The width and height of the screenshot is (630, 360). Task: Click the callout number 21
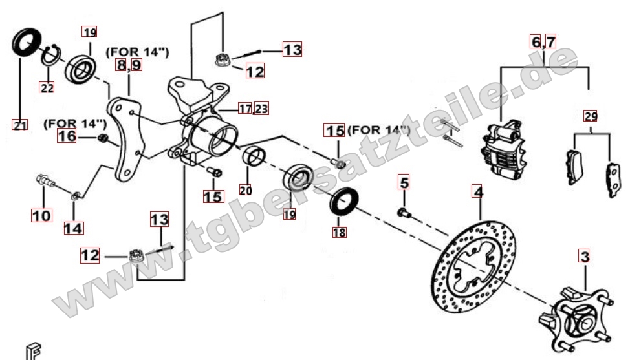pyautogui.click(x=19, y=125)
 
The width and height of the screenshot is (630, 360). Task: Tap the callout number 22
pyautogui.click(x=47, y=87)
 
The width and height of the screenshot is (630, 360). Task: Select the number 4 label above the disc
pyautogui.click(x=478, y=192)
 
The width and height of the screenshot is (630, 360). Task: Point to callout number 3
pyautogui.click(x=585, y=256)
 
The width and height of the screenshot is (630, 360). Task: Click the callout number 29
pyautogui.click(x=591, y=116)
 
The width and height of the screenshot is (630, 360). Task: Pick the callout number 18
pyautogui.click(x=339, y=232)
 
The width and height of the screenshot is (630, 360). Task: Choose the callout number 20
pyautogui.click(x=246, y=190)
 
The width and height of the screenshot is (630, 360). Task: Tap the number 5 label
pyautogui.click(x=404, y=182)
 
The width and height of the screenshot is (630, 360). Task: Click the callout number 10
pyautogui.click(x=41, y=215)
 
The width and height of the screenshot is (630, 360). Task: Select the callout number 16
pyautogui.click(x=67, y=136)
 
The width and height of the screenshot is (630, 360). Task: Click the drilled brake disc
pyautogui.click(x=473, y=266)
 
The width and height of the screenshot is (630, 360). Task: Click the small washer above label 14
pyautogui.click(x=75, y=196)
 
